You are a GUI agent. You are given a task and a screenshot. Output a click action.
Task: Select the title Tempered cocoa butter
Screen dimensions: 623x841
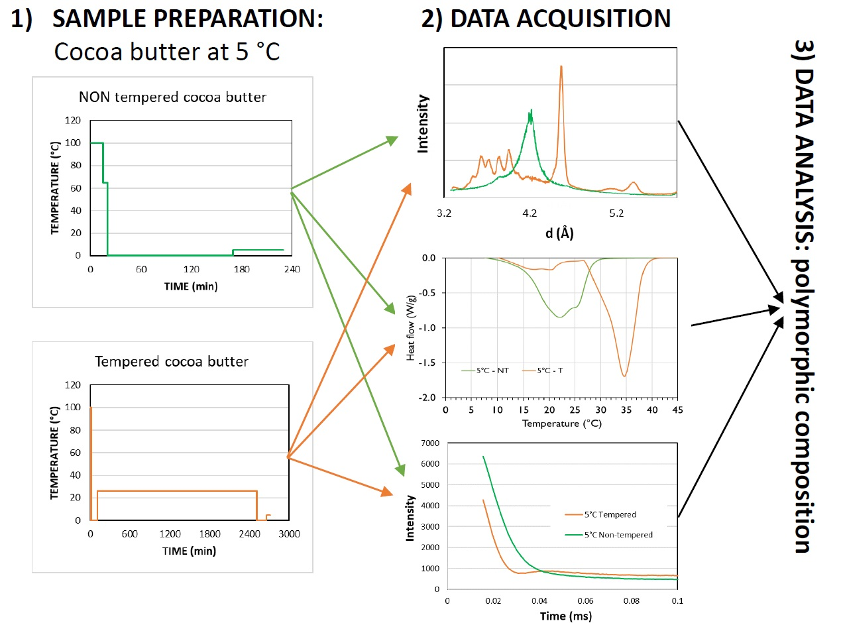[x=172, y=362]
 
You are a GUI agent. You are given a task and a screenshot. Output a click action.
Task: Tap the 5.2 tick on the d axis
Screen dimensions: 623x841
[x=616, y=214]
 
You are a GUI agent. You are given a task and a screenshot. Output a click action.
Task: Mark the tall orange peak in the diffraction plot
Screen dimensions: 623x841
[x=561, y=68]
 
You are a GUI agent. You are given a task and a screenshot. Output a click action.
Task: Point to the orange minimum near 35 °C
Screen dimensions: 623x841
[x=624, y=376]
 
